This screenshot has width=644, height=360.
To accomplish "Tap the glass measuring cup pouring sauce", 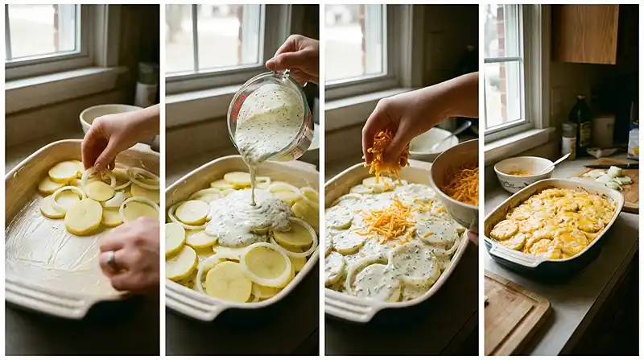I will [x=270, y=117].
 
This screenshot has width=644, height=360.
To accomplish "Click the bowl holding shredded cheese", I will [x=456, y=181].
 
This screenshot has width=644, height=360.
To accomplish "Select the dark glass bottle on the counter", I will [x=580, y=125].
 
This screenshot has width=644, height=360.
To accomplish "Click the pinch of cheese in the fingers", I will [x=385, y=158].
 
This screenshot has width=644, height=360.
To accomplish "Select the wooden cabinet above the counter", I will [x=585, y=34].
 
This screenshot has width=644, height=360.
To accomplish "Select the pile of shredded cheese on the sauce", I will [x=390, y=221].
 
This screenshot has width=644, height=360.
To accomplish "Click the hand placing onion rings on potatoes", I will [x=117, y=137].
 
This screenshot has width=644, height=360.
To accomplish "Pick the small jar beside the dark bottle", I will [x=568, y=139].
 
